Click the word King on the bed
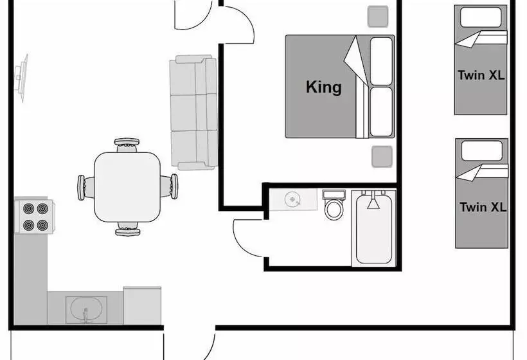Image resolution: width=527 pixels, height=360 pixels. [x=324, y=87]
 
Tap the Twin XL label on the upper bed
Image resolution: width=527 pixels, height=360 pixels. [x=481, y=75]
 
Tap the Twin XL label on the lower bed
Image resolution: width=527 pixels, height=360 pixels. [x=483, y=207]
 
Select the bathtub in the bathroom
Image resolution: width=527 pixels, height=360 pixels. [x=374, y=228]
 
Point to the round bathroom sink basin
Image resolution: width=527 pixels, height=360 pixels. [x=292, y=200]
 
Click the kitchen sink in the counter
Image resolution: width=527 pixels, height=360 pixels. [x=86, y=310]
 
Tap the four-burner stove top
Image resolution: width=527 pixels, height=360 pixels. [x=35, y=217]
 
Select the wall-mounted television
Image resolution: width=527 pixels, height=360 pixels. [x=21, y=78]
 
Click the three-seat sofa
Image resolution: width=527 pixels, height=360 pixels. [x=193, y=113]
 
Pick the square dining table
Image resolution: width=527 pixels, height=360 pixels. [x=127, y=187]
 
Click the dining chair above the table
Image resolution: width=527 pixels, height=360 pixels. [x=127, y=145]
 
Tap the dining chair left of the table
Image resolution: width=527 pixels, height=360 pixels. [x=86, y=188]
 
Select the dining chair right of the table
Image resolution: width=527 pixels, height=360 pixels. [x=169, y=186]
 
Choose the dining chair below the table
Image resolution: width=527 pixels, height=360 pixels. [x=128, y=229]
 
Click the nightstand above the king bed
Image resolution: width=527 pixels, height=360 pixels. [x=378, y=16]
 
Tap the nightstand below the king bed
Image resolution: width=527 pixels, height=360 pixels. [x=382, y=157]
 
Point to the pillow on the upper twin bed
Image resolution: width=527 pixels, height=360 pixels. [x=480, y=17]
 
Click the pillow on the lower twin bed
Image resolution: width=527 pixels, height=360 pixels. [x=481, y=150]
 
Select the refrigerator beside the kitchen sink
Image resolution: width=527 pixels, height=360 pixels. [x=143, y=305]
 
